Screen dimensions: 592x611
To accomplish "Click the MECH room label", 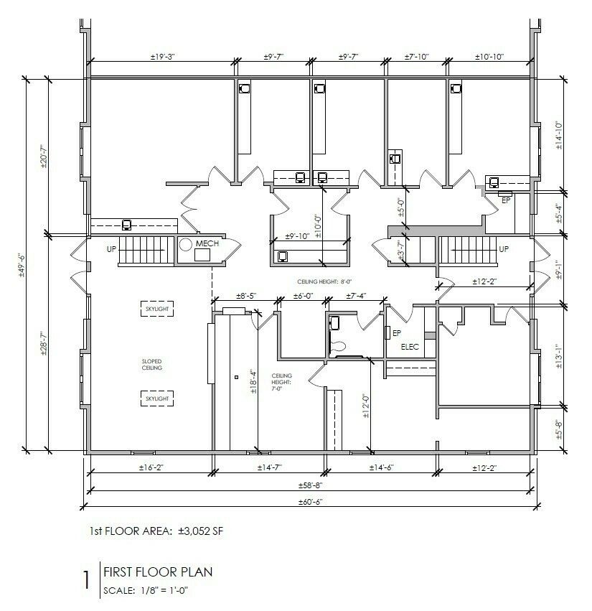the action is (207, 243).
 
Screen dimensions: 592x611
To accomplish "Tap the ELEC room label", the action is (410, 346).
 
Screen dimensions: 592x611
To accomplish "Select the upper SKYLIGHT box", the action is (157, 309).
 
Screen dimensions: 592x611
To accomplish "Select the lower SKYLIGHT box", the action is (157, 398).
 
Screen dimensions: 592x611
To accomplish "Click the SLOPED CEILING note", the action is (152, 364).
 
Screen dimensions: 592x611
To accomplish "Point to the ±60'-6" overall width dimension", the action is (311, 502).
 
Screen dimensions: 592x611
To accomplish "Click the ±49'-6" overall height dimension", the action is (22, 266).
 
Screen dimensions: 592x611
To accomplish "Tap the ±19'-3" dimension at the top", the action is (163, 57).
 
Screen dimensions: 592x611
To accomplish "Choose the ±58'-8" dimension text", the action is (311, 485).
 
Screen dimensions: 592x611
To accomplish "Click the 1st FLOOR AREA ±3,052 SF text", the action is (156, 531).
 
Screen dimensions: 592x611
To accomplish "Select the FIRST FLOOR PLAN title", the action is (158, 572).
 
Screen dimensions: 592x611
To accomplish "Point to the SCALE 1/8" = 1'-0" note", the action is (146, 590).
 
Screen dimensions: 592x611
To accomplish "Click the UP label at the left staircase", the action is (111, 248).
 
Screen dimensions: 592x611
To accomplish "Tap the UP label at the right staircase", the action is (504, 248).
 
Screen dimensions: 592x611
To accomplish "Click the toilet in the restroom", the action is (337, 345).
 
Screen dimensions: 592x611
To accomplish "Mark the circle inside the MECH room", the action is (186, 245).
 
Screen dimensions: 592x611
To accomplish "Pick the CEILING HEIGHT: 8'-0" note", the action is (324, 281).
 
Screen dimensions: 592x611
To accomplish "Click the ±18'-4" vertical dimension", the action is (253, 381).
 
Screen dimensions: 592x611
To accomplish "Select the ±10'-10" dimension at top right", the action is (489, 57).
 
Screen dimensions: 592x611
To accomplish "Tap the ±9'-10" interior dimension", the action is (297, 236).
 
